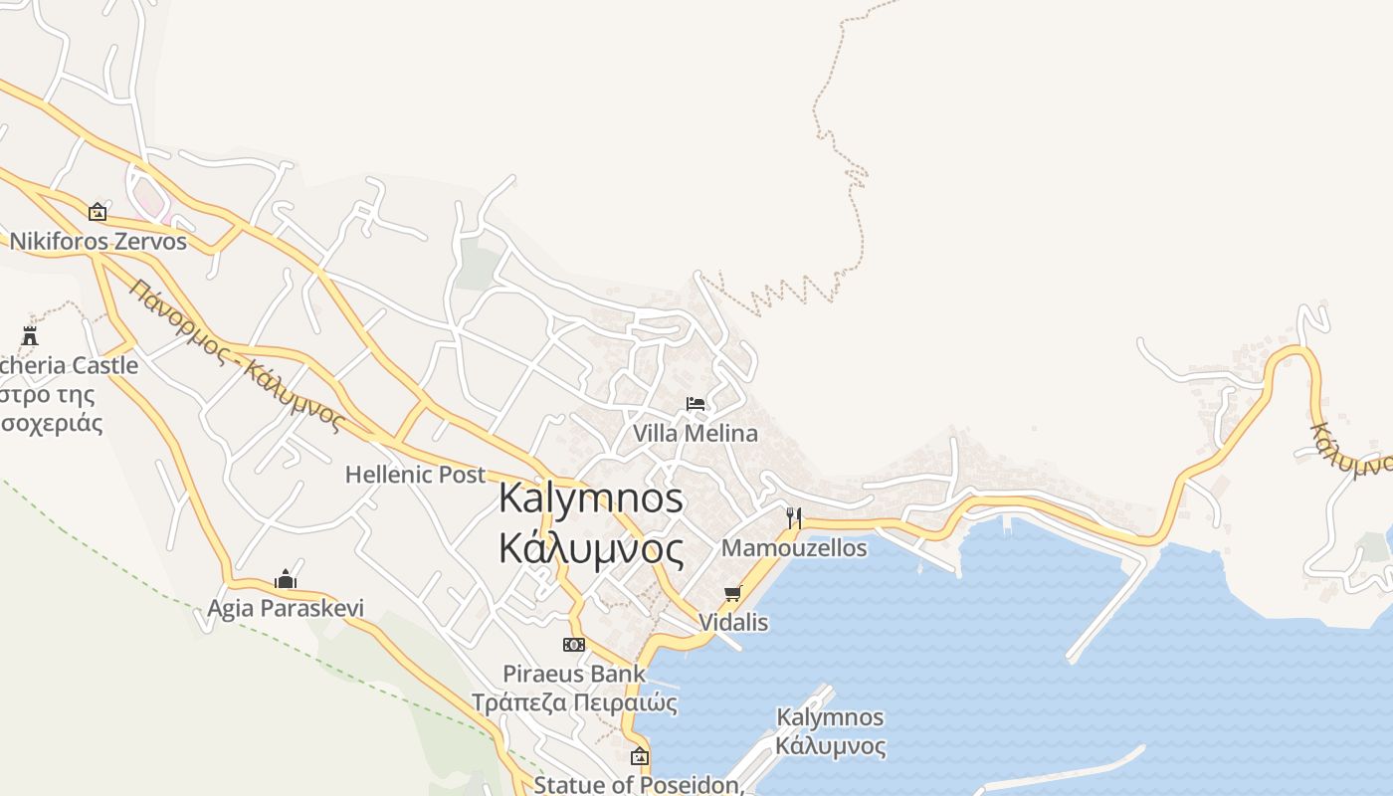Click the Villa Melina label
(x=696, y=434)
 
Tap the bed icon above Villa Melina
(x=696, y=404)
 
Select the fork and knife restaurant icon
(x=794, y=517)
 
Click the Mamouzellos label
(x=794, y=548)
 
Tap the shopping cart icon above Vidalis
(x=733, y=593)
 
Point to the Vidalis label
(x=733, y=623)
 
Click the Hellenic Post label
(x=415, y=475)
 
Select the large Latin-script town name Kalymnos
(x=591, y=497)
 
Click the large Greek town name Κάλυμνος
(x=591, y=548)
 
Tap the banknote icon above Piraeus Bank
(x=574, y=645)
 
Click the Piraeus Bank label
(x=574, y=674)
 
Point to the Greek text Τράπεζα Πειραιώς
(x=574, y=703)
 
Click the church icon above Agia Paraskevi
(x=286, y=579)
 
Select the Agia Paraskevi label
(x=286, y=608)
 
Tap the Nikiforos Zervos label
(x=98, y=242)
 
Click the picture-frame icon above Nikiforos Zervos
(x=98, y=212)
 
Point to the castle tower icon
(x=30, y=335)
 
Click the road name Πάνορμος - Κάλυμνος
(x=236, y=355)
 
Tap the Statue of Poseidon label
(x=639, y=784)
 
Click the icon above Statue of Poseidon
(x=639, y=756)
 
